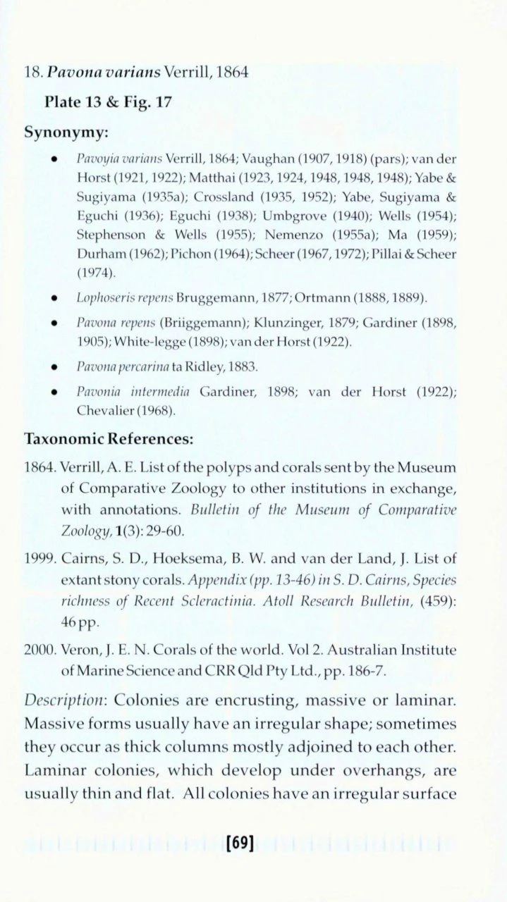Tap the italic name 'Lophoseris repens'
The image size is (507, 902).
[x=116, y=299]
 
